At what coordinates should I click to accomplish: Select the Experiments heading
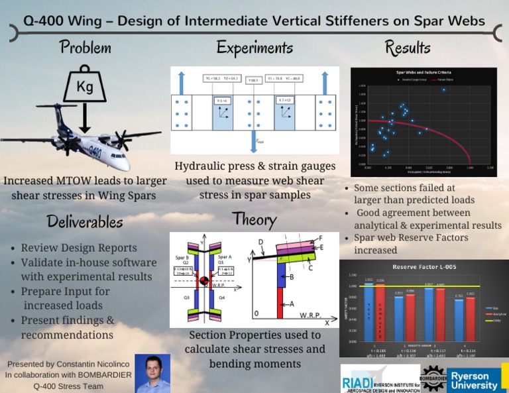click(x=254, y=48)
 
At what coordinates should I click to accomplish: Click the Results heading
click(x=408, y=48)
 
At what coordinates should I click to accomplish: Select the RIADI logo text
click(x=358, y=383)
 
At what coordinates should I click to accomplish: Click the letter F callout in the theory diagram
click(x=321, y=237)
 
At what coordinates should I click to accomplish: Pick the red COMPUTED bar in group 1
click(x=380, y=311)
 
